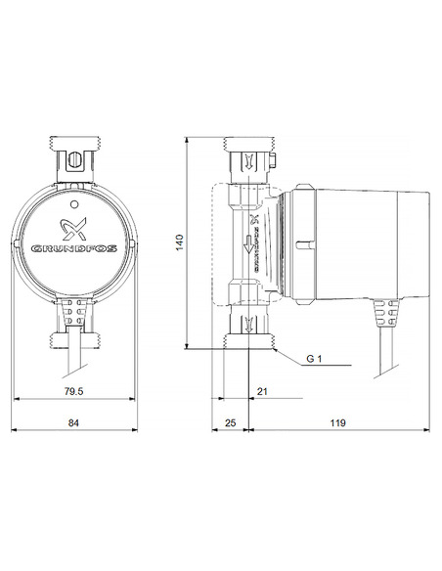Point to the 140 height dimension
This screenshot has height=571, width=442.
point(179,243)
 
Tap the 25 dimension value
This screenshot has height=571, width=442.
point(231,422)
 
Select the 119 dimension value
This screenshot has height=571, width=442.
point(338,422)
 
